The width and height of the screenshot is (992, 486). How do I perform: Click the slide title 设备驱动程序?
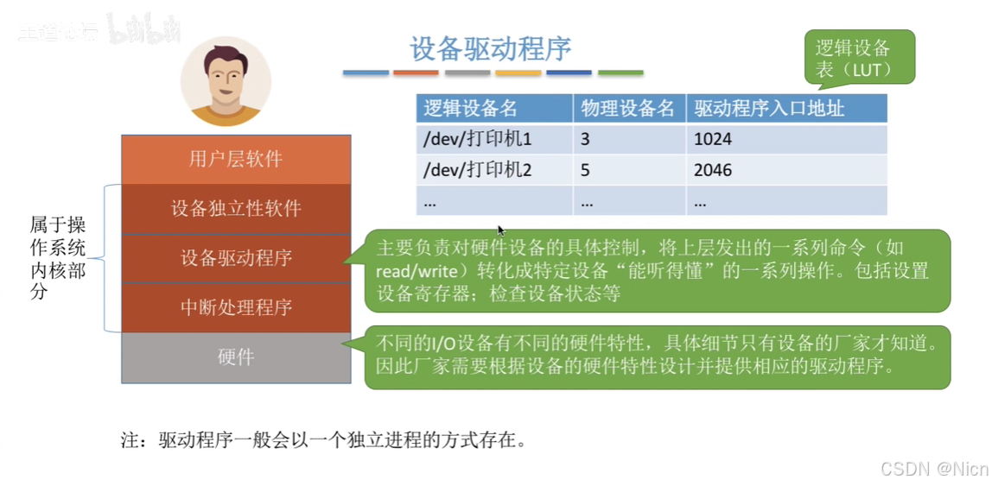click(x=491, y=48)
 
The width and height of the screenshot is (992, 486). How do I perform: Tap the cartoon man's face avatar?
click(x=226, y=81)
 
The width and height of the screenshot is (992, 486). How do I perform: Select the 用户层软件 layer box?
click(x=236, y=159)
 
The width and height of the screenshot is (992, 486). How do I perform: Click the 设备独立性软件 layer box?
click(x=236, y=209)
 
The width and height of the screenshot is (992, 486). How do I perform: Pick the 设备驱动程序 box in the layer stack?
click(x=236, y=258)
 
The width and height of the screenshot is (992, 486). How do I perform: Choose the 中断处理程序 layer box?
click(x=236, y=307)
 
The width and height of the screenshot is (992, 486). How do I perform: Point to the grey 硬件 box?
click(x=236, y=357)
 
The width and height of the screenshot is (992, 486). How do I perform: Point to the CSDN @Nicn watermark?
click(x=933, y=469)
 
